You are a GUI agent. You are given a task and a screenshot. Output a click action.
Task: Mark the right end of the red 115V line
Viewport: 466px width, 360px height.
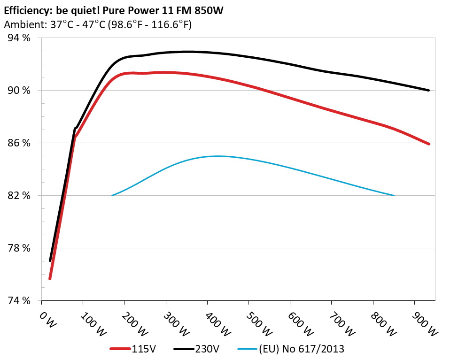tap(429, 144)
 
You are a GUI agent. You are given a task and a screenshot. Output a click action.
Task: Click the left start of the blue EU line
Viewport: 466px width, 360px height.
tap(112, 195)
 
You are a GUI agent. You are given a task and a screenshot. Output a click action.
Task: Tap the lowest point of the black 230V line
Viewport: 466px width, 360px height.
tap(50, 260)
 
